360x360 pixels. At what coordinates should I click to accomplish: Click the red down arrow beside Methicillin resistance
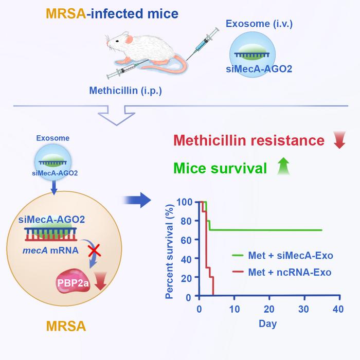pos(338,140)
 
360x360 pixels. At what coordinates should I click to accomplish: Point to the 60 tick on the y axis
pos(189,240)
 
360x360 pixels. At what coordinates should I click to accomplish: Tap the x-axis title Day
pos(268,324)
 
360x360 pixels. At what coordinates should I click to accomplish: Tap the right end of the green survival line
pos(322,230)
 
